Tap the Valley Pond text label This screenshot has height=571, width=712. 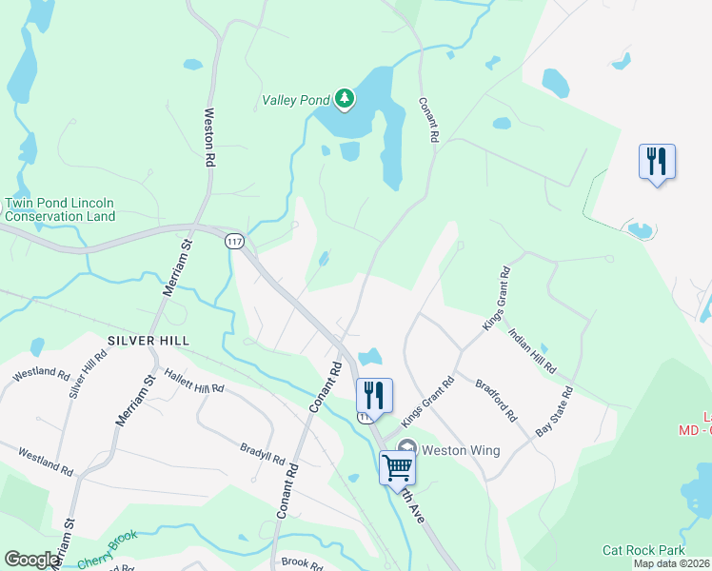coord(295,99)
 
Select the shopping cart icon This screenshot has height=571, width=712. coord(396,466)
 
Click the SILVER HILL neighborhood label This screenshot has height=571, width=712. coord(148,340)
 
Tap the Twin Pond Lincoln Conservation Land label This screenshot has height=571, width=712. coord(59,209)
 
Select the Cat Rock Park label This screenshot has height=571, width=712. coord(643,550)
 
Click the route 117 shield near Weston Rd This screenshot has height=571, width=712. coord(234,242)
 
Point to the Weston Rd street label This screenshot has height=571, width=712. coord(211,138)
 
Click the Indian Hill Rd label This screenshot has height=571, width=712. coord(532,350)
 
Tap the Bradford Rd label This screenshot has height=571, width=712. coord(496,403)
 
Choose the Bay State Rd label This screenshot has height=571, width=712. coord(555,411)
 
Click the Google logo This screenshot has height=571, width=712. coord(32,560)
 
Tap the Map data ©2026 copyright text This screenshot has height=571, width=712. coord(671,563)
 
